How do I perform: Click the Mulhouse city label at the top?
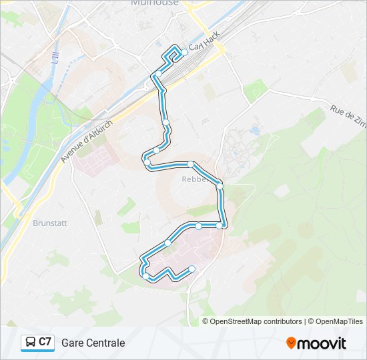pos(155,3)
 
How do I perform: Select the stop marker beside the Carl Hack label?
pos(184,51)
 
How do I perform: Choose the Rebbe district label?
pos(193,179)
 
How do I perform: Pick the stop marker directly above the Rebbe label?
pos(190,164)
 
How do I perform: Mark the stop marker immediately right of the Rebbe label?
pos(220,186)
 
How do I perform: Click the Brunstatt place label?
pos(49,223)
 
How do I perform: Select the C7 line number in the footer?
pos(45,342)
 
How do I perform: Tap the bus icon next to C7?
pos(30,343)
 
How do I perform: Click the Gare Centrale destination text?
pos(93,343)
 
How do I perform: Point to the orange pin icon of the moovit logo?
pos(292,343)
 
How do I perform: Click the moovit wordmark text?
pos(322,343)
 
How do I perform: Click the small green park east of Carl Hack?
pos(254,90)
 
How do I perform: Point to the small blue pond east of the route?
pos(254,129)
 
